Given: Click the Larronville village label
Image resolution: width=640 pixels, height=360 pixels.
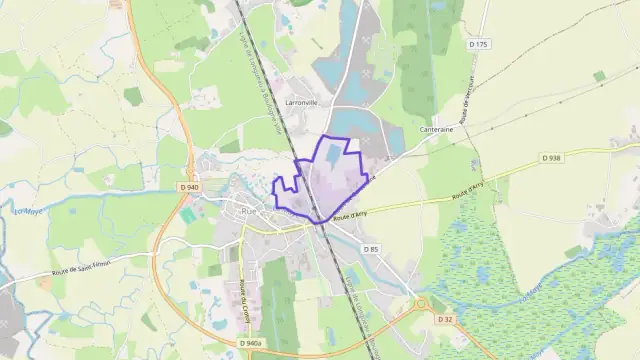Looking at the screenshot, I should click(x=300, y=102).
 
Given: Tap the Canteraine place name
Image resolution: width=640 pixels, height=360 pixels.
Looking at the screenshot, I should click(x=437, y=129).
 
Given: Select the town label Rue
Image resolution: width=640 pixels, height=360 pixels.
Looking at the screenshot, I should click(x=248, y=211).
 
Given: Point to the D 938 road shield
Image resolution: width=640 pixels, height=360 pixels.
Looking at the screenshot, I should click(x=551, y=157).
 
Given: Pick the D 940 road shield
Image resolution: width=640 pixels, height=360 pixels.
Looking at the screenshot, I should click(x=191, y=187).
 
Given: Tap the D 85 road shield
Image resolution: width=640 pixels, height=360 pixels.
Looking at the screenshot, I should click(x=371, y=249).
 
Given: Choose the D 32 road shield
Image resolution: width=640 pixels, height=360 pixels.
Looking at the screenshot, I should click(x=445, y=319).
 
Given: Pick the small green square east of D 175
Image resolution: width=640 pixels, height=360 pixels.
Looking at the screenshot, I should click(x=599, y=76).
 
